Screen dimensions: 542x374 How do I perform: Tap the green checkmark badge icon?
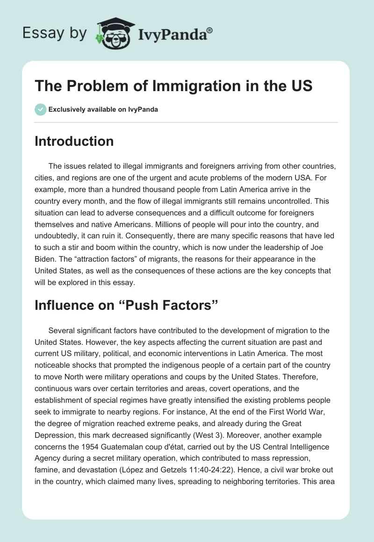point(40,109)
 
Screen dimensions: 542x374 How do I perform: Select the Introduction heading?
point(74,141)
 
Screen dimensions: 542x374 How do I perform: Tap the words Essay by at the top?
point(54,33)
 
